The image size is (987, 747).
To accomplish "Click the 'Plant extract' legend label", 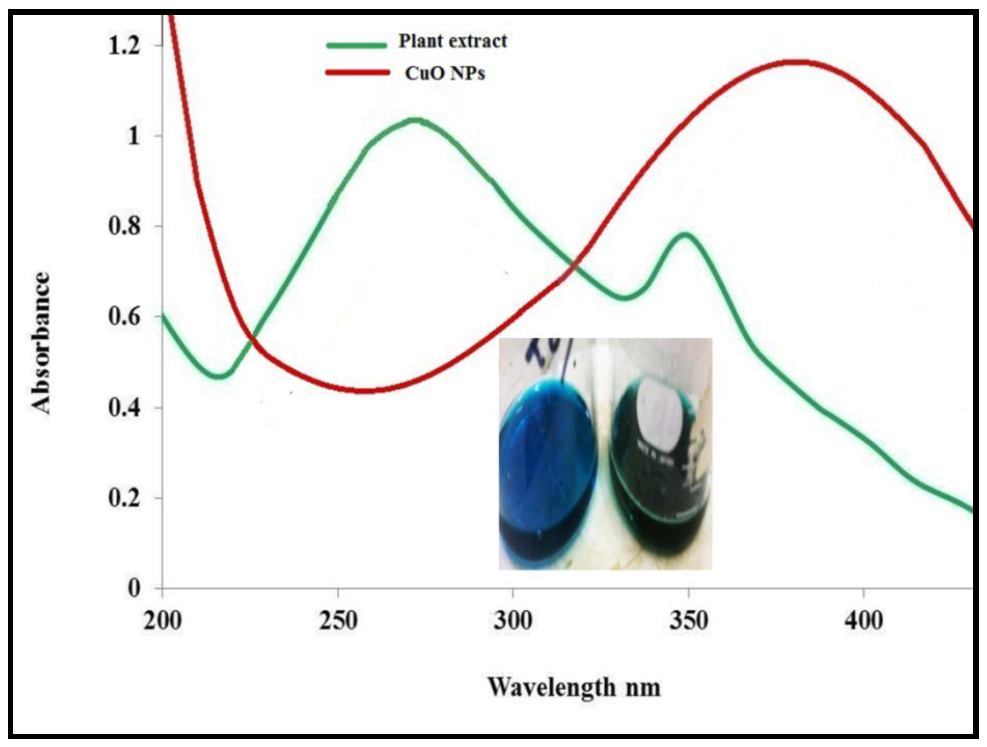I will pos(452,41).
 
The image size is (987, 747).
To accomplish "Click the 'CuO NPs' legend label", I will pos(445,73).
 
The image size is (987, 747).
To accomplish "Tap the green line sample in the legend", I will pos(356,45).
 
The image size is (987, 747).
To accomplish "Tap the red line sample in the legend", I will pos(357,72).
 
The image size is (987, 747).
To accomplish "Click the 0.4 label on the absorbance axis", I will pos(124,408).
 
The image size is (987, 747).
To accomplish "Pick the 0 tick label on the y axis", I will pos(134,588).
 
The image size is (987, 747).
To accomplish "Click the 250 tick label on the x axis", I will pos(338,621).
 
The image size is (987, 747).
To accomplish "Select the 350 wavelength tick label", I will pos(689,621).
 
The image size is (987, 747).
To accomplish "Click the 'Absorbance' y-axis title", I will pos(41,343).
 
